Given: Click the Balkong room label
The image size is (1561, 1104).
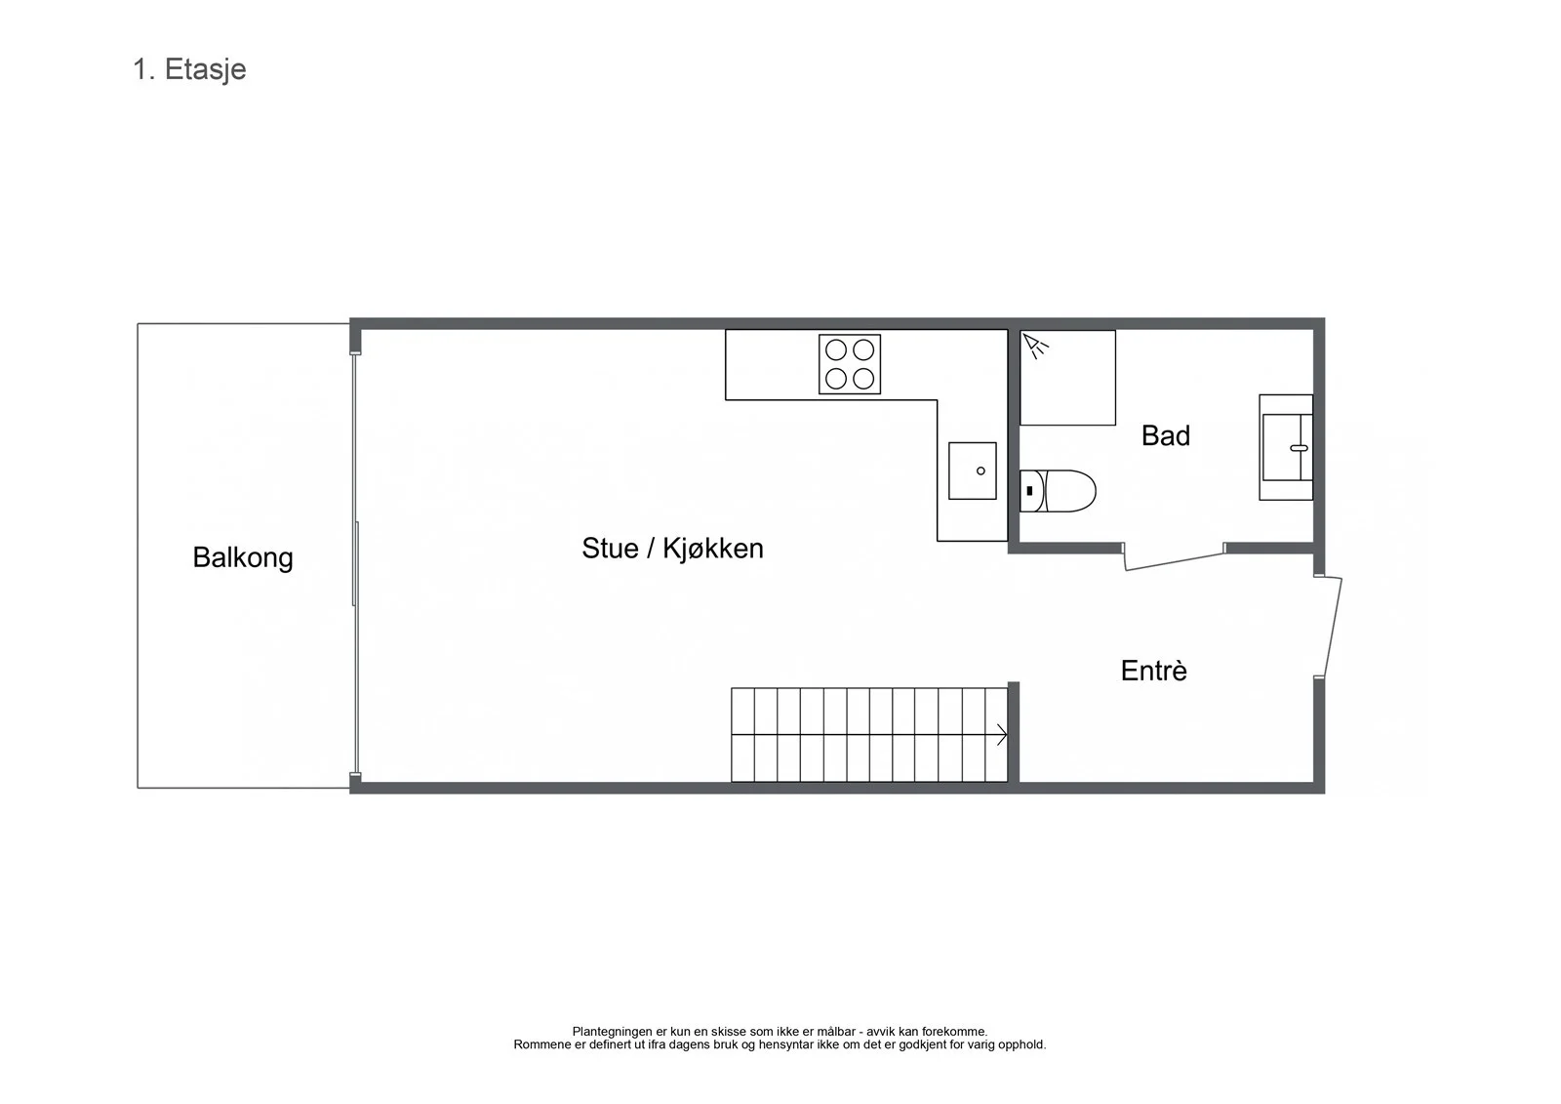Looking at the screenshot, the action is (243, 558).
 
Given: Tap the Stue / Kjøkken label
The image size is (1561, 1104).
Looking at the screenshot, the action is (672, 549).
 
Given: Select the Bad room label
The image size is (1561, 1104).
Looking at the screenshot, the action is (1165, 436).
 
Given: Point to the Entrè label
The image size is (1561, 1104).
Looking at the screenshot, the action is (1153, 671).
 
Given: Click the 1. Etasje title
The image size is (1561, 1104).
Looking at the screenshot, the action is (189, 69).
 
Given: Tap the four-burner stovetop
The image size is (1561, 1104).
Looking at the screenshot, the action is (850, 364).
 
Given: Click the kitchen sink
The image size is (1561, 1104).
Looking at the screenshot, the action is (972, 470).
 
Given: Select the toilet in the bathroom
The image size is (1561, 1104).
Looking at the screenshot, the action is (1058, 491).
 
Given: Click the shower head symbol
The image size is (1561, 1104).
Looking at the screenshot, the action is (1035, 346).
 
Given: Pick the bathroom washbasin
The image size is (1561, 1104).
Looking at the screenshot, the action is (1286, 447).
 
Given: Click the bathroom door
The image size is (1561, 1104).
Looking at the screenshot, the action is (1175, 561).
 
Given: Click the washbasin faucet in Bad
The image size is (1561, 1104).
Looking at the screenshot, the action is (1299, 448).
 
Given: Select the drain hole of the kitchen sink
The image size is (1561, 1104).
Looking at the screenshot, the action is (981, 470).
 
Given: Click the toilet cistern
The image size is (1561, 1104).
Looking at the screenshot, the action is (1031, 491).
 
